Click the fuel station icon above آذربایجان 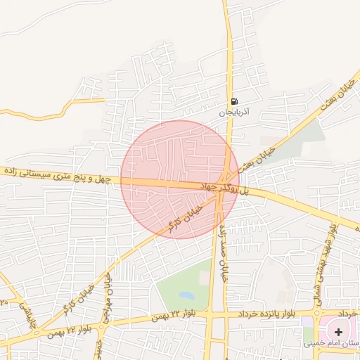(x=233, y=101)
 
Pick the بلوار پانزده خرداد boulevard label (x=265, y=312)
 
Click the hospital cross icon (x=339, y=331)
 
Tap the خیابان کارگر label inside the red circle (x=184, y=217)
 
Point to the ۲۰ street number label (x=3, y=301)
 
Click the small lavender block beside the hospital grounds (x=307, y=324)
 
